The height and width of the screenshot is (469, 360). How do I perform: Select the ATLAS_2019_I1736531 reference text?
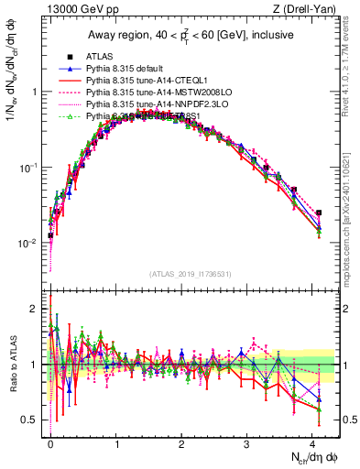coord(188,274)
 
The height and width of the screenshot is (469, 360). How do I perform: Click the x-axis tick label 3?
coord(247,442)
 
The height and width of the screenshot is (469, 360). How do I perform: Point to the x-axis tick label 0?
coord(50,442)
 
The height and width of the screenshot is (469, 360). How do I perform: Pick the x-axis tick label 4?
coord(313,442)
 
